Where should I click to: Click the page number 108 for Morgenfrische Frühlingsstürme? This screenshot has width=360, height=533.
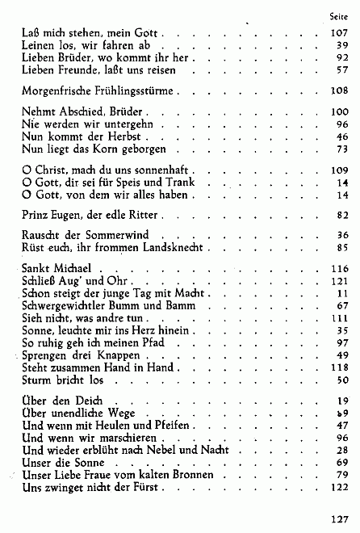click(x=339, y=90)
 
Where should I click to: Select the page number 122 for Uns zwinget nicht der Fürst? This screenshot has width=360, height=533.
click(x=339, y=488)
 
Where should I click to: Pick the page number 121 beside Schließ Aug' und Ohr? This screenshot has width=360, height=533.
click(x=339, y=281)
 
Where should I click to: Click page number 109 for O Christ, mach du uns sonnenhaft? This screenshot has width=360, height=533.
click(x=339, y=171)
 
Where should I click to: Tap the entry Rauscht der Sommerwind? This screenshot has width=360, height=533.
click(x=78, y=233)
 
